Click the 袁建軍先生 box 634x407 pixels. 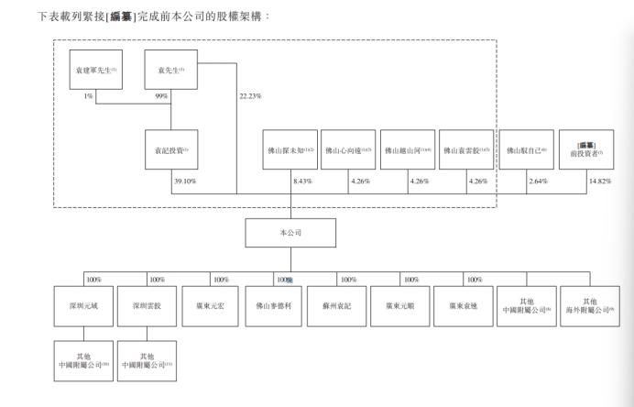click(x=95, y=70)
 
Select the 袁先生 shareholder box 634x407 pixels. click(x=171, y=70)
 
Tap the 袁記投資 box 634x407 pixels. click(x=171, y=150)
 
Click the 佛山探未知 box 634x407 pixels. click(x=290, y=150)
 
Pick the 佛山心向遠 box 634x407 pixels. click(x=348, y=150)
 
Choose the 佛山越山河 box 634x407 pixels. click(x=408, y=150)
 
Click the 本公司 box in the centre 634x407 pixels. click(x=290, y=233)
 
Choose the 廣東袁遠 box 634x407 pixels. click(x=464, y=308)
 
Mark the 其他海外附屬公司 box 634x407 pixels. click(x=589, y=308)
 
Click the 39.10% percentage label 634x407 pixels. click(x=185, y=181)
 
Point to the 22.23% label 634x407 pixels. click(x=250, y=96)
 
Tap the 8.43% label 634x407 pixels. click(x=302, y=181)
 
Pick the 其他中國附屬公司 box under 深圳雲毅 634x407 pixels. click(x=147, y=361)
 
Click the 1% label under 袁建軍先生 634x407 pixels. click(x=89, y=96)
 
